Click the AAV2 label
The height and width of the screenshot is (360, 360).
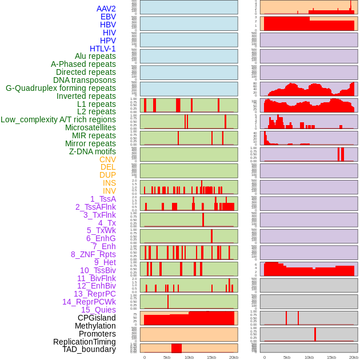click(106, 9)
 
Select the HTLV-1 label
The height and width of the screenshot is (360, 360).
click(102, 49)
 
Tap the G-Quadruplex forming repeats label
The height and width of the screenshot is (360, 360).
click(61, 88)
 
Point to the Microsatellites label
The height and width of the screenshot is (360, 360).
click(90, 127)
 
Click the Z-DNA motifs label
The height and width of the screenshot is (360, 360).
click(93, 151)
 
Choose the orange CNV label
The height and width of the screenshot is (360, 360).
click(107, 159)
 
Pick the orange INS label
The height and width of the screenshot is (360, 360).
click(109, 183)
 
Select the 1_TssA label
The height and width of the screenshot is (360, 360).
click(103, 199)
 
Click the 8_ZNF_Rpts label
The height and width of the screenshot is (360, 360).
click(93, 254)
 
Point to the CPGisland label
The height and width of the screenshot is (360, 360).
click(97, 318)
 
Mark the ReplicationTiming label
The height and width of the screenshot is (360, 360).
click(84, 342)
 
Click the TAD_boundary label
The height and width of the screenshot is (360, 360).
click(89, 349)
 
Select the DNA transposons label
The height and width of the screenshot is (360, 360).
click(85, 80)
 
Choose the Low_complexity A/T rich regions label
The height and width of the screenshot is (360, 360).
click(58, 119)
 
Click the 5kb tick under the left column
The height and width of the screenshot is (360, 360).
click(167, 357)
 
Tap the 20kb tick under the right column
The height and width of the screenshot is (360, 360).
click(354, 357)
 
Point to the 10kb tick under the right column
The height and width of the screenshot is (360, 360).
click(309, 357)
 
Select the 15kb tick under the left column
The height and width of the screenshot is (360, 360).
click(211, 357)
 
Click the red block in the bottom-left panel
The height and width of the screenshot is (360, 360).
click(177, 348)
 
